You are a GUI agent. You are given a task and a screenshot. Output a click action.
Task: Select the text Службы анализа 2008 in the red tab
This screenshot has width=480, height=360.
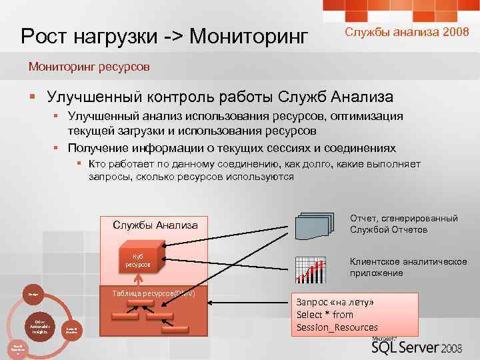click(x=402, y=31)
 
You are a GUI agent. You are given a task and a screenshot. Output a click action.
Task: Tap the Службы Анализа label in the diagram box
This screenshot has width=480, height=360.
click(x=155, y=225)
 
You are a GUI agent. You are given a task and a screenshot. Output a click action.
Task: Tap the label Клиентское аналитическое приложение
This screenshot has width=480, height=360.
click(x=408, y=267)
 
